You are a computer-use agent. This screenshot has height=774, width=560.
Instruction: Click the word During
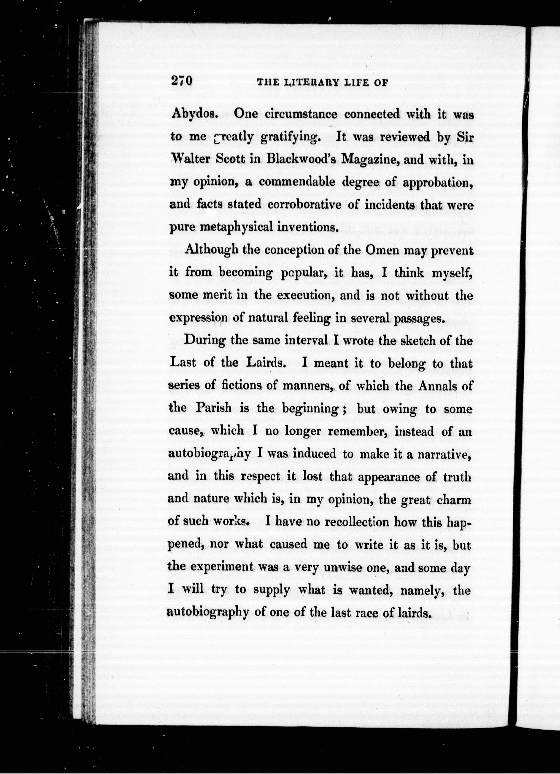click(x=204, y=340)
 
